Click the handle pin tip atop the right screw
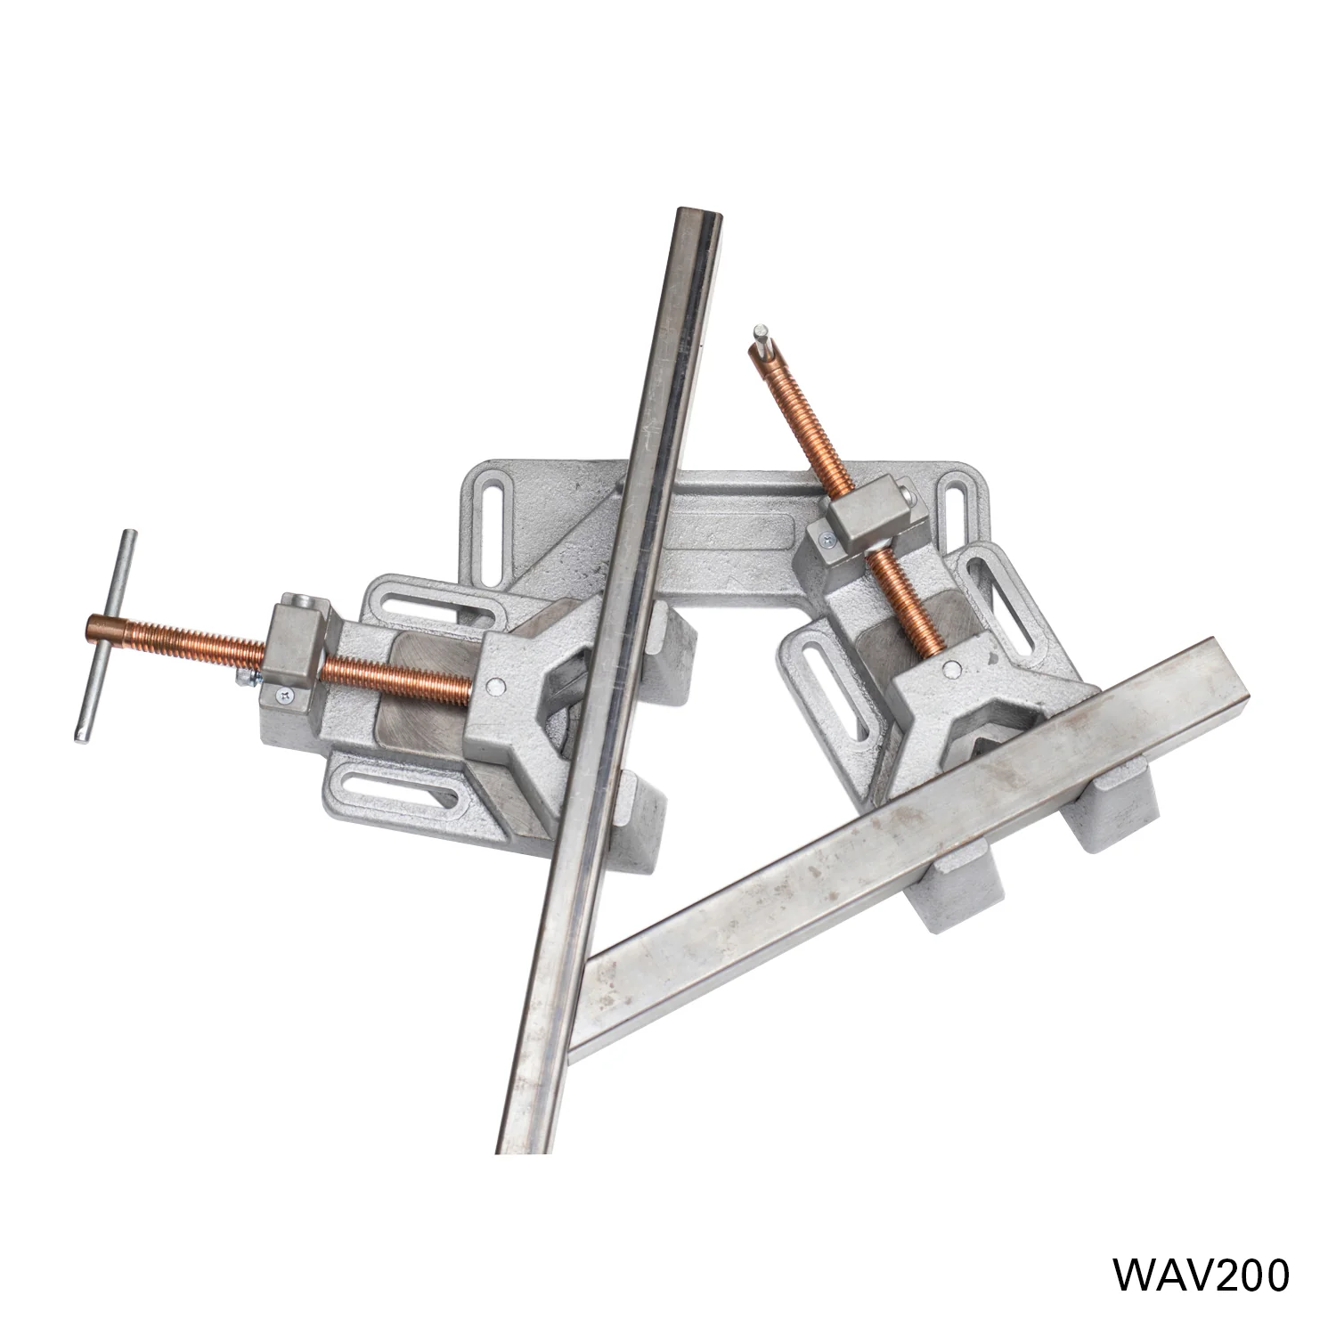[x=760, y=333]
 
